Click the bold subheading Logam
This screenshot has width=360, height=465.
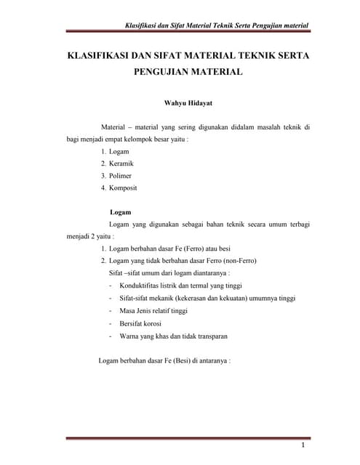click(x=119, y=212)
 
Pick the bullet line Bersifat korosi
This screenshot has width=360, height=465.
click(x=140, y=323)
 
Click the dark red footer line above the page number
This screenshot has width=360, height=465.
click(x=188, y=437)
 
